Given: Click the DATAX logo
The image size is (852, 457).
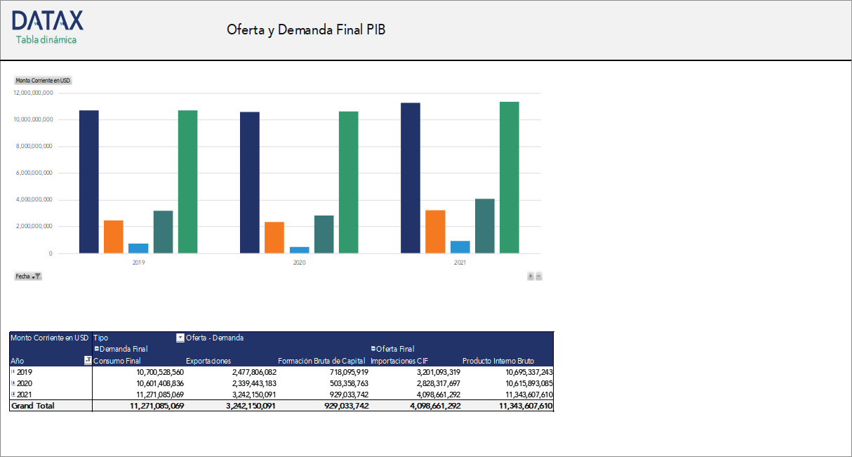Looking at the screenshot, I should click(x=47, y=20).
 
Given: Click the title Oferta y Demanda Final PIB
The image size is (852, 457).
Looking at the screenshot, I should click(x=306, y=30).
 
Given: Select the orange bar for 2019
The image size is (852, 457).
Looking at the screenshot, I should click(x=114, y=237).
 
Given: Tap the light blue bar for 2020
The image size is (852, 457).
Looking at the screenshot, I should click(x=299, y=250).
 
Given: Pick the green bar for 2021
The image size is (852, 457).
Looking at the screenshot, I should click(x=510, y=178).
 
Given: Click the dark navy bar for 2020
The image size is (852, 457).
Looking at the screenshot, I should click(x=249, y=183).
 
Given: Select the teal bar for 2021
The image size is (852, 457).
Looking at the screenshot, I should click(x=484, y=226).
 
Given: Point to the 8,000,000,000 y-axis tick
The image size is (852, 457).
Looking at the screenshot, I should click(x=34, y=147).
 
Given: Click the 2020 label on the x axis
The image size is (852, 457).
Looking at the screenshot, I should click(x=299, y=263).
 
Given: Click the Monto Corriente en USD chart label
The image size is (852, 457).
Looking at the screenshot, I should click(x=43, y=81).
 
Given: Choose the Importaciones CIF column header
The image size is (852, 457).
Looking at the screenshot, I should click(x=394, y=361).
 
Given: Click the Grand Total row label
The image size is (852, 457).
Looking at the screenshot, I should click(x=32, y=406).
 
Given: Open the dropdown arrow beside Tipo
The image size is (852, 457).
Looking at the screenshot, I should click(x=180, y=338).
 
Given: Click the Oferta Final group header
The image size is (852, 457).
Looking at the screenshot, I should click(x=395, y=349).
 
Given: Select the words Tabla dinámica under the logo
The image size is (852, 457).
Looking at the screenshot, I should click(x=46, y=40).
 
